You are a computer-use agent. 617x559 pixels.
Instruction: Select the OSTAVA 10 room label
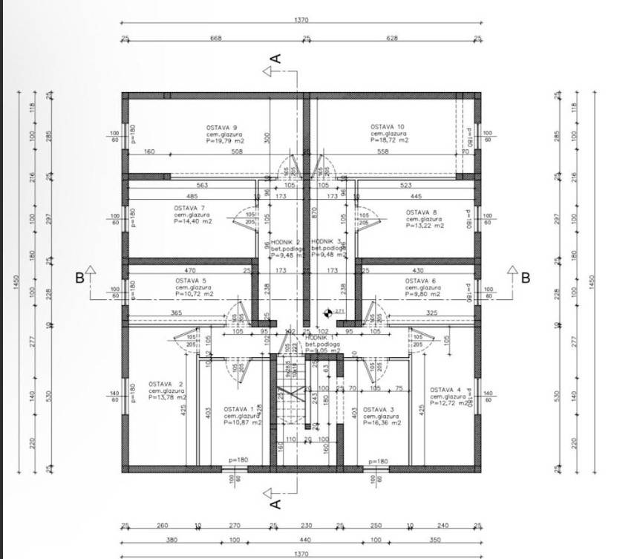click(x=388, y=127)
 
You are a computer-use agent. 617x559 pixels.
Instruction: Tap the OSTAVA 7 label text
click(x=189, y=208)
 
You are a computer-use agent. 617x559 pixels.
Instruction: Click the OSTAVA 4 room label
click(x=445, y=390)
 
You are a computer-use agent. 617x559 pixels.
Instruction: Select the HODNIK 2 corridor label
click(x=285, y=242)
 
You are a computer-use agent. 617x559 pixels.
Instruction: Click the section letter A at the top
click(x=275, y=57)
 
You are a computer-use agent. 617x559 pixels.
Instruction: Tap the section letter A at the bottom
click(x=275, y=504)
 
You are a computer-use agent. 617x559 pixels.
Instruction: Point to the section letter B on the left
click(x=79, y=278)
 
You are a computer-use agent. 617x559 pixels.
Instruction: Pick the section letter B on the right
click(x=525, y=278)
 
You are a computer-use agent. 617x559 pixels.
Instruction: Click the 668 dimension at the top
click(x=216, y=38)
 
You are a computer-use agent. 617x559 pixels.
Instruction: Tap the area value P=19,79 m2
click(x=226, y=140)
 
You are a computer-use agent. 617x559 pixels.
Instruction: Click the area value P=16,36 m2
click(x=382, y=423)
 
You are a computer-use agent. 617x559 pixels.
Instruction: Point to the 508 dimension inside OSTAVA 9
click(x=237, y=152)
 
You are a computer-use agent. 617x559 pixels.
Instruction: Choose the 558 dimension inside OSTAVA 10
click(x=383, y=152)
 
